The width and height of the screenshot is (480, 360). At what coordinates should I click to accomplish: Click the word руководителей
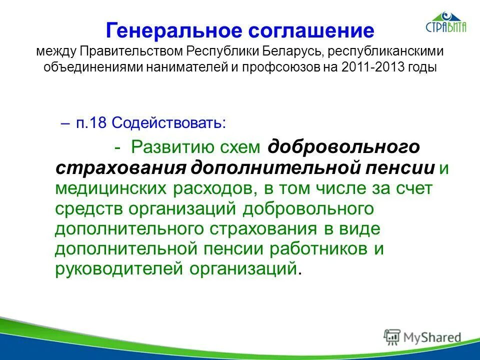(120, 268)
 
